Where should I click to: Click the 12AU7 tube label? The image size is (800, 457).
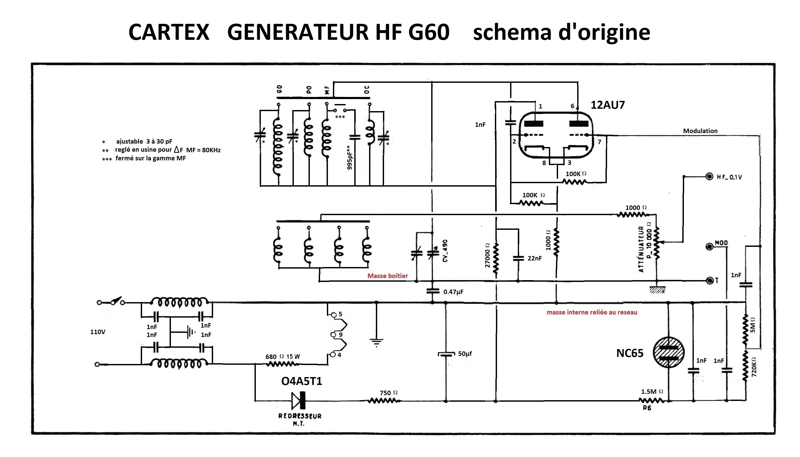pos(608,105)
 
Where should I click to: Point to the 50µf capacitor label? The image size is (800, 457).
pos(465,354)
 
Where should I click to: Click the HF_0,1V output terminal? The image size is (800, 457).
pos(709,177)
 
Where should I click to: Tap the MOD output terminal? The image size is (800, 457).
pos(709,247)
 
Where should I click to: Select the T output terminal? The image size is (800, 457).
pos(709,281)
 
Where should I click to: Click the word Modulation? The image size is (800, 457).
pos(700,131)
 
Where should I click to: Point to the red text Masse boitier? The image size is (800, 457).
pos(387,276)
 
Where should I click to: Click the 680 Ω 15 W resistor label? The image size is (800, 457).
pos(283,357)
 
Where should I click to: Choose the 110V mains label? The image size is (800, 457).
pos(98,332)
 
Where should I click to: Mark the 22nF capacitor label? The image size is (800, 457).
pos(534,258)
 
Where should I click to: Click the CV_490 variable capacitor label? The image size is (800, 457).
pos(445,251)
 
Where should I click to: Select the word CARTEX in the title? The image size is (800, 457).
pos(169,32)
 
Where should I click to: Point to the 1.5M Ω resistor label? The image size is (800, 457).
pos(652,392)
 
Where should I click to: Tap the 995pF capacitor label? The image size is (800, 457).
pos(349,158)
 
